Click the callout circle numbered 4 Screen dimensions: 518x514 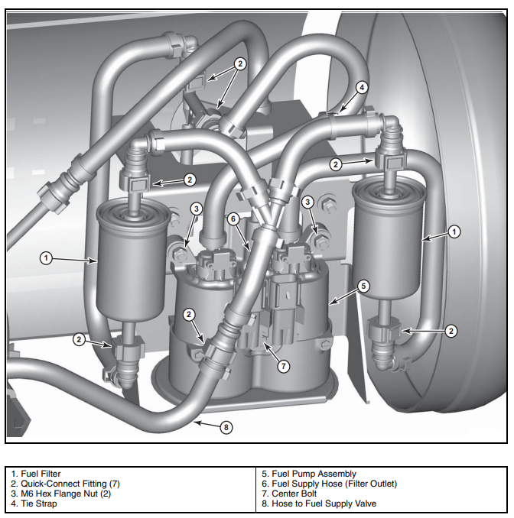click(x=361, y=86)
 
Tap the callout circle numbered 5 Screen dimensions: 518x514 click(x=364, y=287)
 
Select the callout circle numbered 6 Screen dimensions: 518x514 click(x=233, y=219)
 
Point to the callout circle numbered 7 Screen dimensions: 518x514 click(x=284, y=366)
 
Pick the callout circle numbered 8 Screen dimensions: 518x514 click(x=226, y=428)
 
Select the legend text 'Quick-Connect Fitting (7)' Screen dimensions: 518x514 click(x=70, y=484)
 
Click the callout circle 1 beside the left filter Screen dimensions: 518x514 click(x=46, y=258)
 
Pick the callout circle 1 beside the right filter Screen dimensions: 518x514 click(x=454, y=231)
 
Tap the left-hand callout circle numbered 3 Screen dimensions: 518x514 click(x=197, y=209)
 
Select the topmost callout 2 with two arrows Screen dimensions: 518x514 click(x=240, y=64)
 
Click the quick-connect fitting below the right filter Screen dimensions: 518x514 click(x=382, y=332)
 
